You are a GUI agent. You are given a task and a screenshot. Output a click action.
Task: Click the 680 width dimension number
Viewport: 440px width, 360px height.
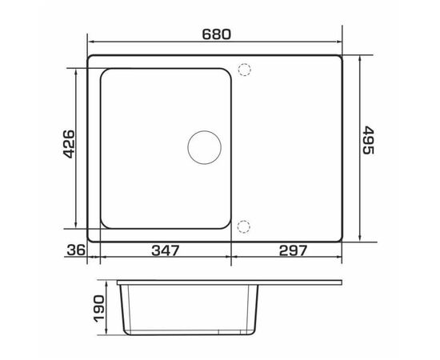click(x=216, y=34)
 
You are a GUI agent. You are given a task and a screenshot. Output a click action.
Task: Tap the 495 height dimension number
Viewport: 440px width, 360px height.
click(x=368, y=140)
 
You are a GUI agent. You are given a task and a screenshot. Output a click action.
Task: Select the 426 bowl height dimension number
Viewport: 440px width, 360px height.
click(x=69, y=144)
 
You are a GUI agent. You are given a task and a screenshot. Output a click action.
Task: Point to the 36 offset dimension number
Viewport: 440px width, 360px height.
click(x=76, y=250)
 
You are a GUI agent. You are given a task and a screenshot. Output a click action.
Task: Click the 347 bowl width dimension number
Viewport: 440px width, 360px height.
click(x=165, y=250)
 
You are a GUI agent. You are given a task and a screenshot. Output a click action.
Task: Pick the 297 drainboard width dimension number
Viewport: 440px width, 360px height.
click(x=294, y=250)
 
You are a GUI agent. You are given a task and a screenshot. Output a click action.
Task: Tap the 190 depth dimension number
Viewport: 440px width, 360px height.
click(x=100, y=308)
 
